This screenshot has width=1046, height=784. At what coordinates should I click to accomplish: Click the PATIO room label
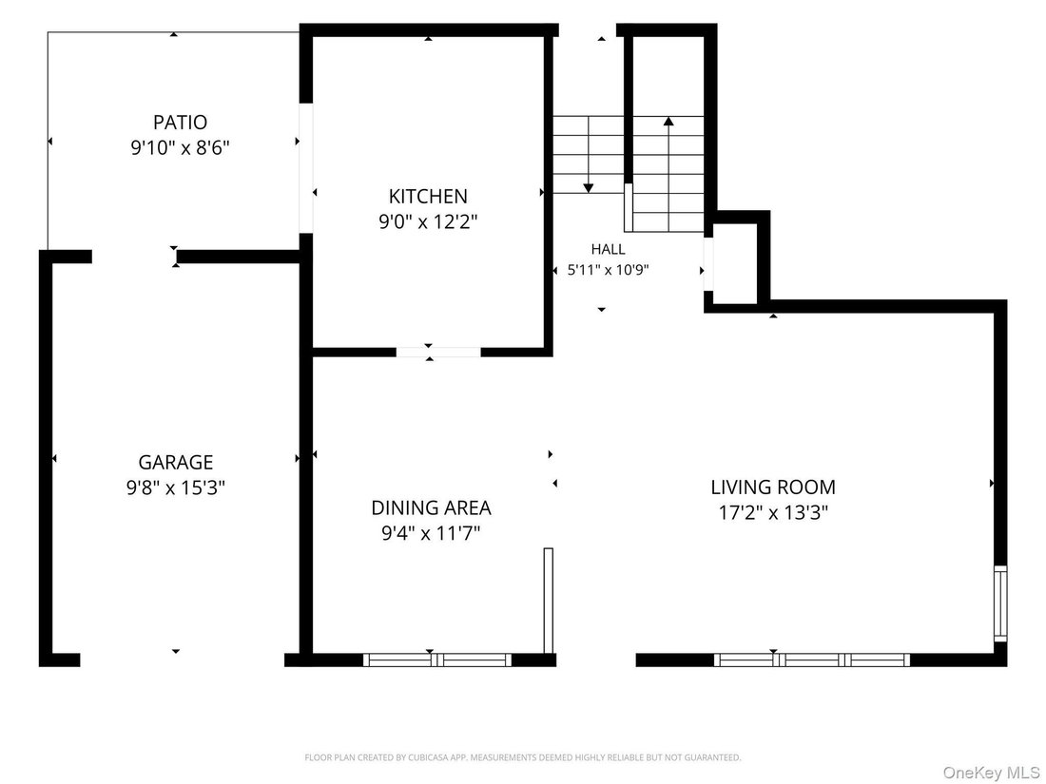click(180, 123)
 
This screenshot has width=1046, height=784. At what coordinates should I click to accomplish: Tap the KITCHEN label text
click(428, 196)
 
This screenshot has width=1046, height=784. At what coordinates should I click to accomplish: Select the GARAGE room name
click(176, 462)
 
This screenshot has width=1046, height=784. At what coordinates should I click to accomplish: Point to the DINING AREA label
click(431, 508)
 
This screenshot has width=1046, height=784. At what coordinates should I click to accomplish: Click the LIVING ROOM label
click(773, 488)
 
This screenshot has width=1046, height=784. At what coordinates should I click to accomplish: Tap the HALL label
click(609, 249)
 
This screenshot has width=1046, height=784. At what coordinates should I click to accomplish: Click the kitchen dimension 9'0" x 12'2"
click(428, 221)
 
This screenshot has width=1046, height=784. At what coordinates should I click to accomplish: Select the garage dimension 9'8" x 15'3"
click(176, 488)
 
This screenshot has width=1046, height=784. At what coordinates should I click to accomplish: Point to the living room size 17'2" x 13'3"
click(773, 512)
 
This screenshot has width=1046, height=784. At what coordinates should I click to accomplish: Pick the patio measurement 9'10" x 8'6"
click(180, 147)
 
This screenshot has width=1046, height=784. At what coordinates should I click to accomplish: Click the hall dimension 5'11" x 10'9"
click(609, 270)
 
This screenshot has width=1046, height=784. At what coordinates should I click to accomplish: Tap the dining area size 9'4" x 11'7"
click(431, 533)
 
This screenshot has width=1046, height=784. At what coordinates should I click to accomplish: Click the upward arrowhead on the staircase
click(668, 122)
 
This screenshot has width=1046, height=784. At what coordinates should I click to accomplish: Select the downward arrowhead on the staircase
click(588, 188)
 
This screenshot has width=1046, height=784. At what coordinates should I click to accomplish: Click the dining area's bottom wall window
click(437, 660)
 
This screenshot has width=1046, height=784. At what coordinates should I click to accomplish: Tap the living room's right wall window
click(1000, 603)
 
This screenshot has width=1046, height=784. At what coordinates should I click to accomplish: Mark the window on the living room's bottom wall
click(812, 660)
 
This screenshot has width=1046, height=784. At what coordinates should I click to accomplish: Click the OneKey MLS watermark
click(991, 773)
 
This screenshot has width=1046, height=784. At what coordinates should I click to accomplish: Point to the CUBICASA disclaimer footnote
click(523, 757)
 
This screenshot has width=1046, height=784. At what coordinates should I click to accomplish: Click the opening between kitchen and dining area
click(438, 352)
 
